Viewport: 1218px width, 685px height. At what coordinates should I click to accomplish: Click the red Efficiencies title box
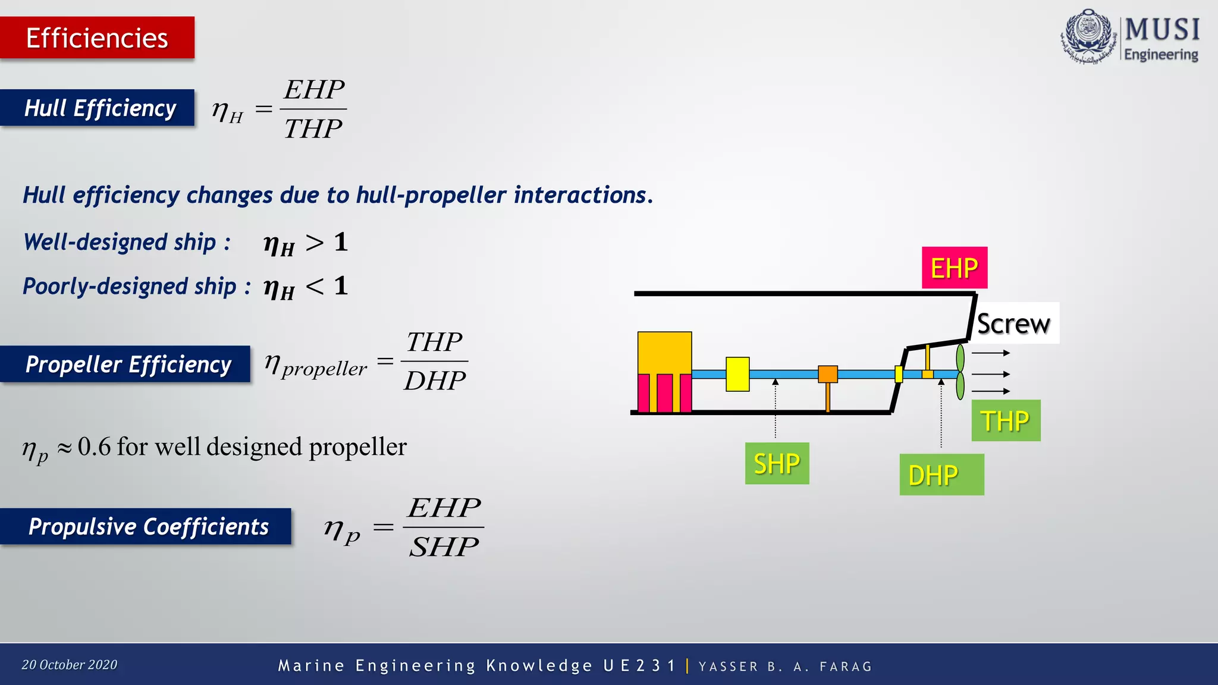(97, 37)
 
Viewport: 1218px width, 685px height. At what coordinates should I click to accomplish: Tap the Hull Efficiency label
(99, 108)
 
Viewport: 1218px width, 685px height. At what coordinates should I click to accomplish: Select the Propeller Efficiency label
(127, 364)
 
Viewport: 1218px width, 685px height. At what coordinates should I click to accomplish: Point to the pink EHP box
(954, 268)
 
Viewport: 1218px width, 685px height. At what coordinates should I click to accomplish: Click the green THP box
(1005, 420)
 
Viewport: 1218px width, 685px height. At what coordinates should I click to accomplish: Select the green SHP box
(777, 463)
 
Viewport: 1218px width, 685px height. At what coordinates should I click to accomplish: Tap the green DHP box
(941, 475)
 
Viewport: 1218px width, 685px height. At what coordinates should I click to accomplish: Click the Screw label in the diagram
(1014, 323)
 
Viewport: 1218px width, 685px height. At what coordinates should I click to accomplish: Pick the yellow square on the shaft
(737, 374)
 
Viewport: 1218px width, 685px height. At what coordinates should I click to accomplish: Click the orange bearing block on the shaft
(827, 374)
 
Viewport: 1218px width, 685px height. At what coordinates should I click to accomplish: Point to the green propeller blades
(960, 373)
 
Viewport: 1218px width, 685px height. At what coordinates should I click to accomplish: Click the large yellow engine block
(664, 353)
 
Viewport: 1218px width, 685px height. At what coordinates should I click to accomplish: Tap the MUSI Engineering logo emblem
(1088, 36)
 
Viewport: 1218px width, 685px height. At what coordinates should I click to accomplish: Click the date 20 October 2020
(70, 665)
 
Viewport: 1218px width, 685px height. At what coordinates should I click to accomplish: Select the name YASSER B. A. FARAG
(785, 667)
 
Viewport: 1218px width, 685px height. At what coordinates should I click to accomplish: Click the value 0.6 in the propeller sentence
(94, 447)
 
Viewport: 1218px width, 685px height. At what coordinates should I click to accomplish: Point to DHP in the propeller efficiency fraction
(435, 381)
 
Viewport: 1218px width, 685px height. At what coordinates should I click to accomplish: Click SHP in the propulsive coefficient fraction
(444, 546)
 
